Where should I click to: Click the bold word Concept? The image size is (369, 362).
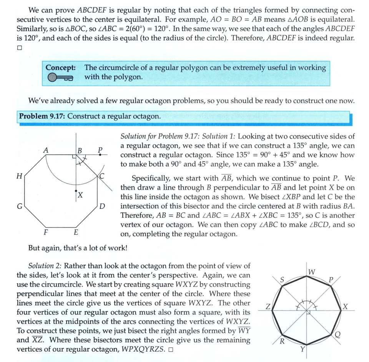coord(60,68)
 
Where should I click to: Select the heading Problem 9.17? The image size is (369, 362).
coord(42,116)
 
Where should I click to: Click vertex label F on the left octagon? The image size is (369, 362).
coord(46,232)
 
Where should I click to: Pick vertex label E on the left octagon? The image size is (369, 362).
coord(76,232)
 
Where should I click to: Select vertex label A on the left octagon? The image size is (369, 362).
coord(45,150)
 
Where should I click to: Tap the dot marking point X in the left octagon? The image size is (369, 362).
coord(76,191)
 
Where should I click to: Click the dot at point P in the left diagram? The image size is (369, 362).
coord(100,155)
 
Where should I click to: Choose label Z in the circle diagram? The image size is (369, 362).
coord(269,307)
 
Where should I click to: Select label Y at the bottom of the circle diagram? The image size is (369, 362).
coord(303,349)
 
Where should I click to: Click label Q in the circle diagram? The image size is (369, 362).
coord(337,334)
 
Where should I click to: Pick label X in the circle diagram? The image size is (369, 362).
coord(346,307)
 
